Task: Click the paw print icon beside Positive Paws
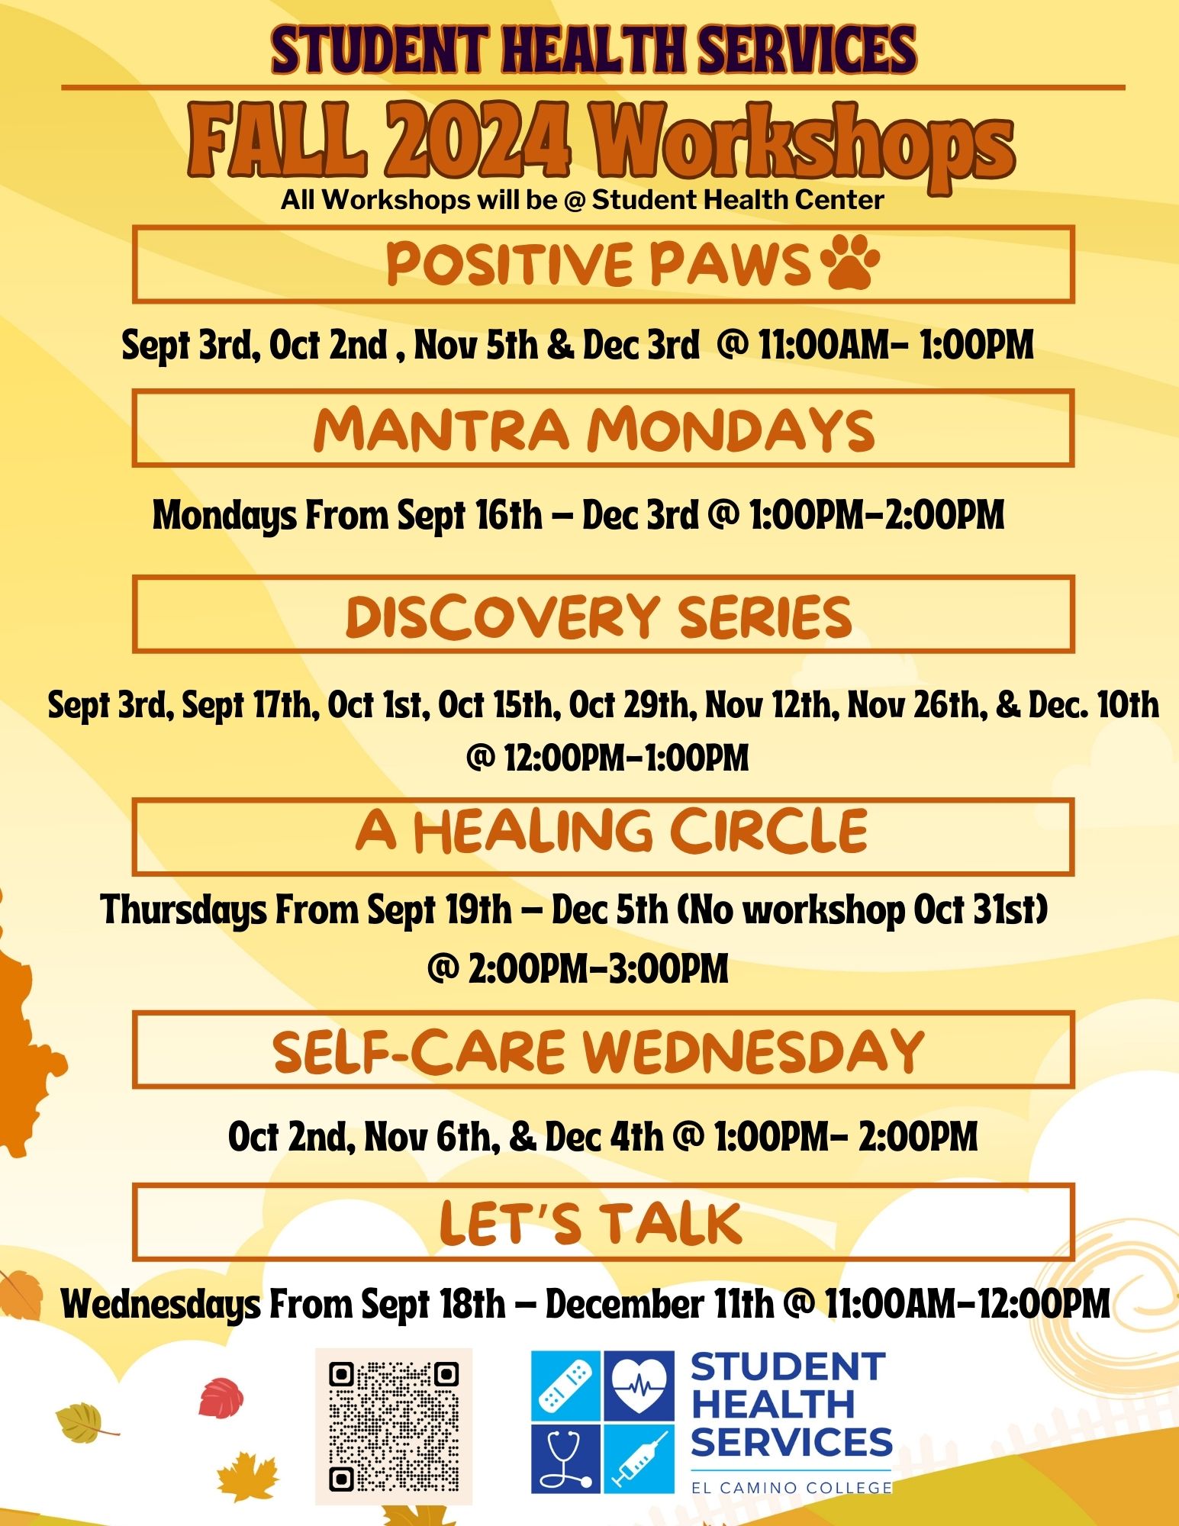tap(849, 262)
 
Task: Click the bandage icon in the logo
tap(565, 1385)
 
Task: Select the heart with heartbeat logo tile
tap(639, 1385)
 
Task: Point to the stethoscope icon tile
tap(565, 1458)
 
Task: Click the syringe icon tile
tap(639, 1458)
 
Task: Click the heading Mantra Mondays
tap(594, 429)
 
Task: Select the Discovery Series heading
tap(599, 616)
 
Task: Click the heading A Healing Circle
tap(611, 831)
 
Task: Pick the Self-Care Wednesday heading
tap(599, 1051)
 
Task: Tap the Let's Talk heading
tap(591, 1222)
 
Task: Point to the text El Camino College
tap(791, 1487)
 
